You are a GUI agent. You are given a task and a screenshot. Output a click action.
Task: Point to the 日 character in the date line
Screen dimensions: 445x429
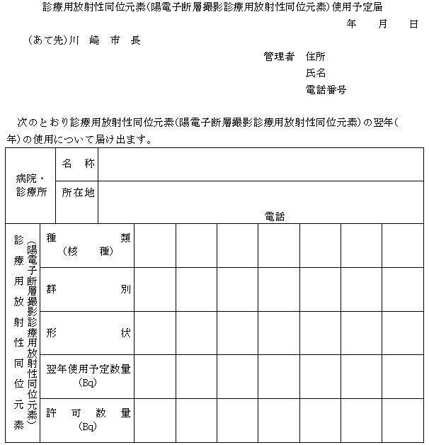coord(413,24)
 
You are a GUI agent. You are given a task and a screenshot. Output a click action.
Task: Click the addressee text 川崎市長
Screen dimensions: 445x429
coord(104,40)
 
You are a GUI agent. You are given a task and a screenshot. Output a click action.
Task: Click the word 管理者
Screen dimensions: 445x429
coord(278,57)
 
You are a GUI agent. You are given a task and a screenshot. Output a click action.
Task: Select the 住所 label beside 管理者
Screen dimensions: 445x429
coord(316,57)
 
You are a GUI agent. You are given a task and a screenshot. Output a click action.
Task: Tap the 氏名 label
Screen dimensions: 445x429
coord(316,73)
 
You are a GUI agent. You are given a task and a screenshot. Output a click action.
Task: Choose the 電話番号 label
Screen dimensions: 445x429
coord(326,90)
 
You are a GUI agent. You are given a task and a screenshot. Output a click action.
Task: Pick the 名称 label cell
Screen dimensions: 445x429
coord(77,164)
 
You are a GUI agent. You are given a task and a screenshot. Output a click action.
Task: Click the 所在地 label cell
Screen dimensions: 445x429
coord(77,192)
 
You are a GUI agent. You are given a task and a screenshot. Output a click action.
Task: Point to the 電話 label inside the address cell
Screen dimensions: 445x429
coord(275,216)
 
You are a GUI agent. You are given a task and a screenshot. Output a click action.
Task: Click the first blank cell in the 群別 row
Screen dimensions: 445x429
coord(155,289)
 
